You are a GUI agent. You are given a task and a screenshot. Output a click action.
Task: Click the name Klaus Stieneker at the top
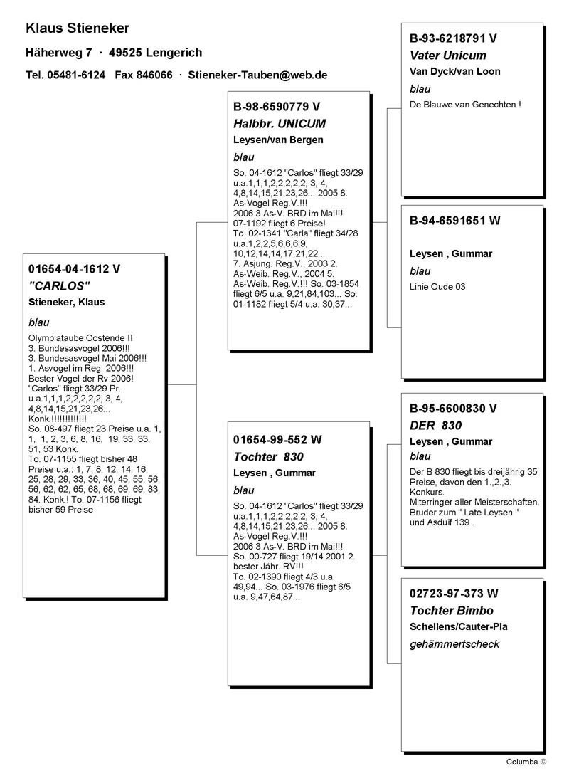click(x=77, y=28)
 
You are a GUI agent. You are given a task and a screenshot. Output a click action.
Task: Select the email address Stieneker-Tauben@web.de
click(x=257, y=75)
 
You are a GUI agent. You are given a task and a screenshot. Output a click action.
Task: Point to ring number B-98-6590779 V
click(x=277, y=107)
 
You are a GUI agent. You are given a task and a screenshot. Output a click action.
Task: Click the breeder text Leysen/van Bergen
click(x=277, y=140)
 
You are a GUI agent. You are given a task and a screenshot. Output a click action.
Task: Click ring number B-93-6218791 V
click(x=453, y=38)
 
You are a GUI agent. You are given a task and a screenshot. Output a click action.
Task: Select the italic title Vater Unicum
click(x=448, y=55)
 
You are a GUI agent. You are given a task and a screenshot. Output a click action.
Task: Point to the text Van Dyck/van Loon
click(x=454, y=71)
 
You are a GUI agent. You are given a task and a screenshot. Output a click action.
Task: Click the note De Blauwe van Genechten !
click(x=465, y=104)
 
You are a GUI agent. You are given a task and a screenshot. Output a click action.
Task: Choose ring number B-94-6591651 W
click(x=455, y=221)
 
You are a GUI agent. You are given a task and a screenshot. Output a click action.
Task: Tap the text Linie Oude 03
click(x=437, y=286)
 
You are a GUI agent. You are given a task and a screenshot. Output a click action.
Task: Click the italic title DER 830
click(x=436, y=425)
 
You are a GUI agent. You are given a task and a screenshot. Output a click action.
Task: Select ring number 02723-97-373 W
click(x=454, y=594)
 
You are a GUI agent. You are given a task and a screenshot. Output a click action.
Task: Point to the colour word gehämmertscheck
click(x=454, y=643)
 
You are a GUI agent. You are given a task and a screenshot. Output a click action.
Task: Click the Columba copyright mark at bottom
click(x=526, y=761)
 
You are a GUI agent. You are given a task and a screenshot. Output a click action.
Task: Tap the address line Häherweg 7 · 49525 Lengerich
click(x=114, y=53)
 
